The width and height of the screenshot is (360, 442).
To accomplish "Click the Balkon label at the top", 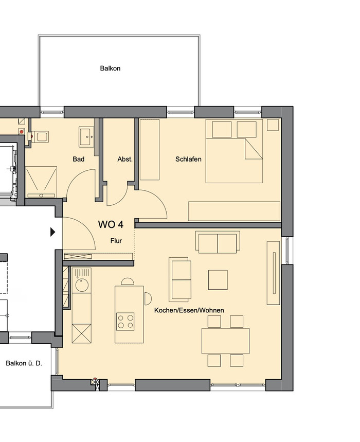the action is click(x=110, y=68).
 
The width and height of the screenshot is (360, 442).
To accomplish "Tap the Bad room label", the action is click(x=79, y=159).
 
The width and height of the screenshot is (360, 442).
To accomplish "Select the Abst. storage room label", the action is click(x=125, y=159).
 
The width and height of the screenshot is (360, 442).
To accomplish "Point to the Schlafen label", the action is click(x=188, y=159).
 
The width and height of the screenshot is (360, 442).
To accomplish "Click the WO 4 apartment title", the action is click(x=111, y=224).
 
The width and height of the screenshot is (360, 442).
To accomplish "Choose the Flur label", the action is click(x=116, y=241).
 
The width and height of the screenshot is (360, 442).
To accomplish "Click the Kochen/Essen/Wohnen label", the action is click(x=189, y=310).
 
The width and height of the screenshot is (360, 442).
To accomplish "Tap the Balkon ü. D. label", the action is click(x=24, y=363).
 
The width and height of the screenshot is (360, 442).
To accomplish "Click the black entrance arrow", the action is click(x=52, y=232).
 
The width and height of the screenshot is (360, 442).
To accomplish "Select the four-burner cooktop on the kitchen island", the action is click(x=125, y=322).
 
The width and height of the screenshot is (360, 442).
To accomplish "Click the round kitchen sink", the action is click(x=82, y=285).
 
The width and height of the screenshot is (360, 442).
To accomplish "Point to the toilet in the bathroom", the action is click(x=40, y=137).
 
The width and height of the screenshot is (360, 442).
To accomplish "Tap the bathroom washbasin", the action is click(x=87, y=137).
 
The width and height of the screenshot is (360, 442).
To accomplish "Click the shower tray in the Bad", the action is click(x=41, y=182).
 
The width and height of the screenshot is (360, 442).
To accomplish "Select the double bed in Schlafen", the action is click(x=234, y=151).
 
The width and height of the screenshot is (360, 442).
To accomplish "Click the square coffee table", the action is click(x=218, y=279).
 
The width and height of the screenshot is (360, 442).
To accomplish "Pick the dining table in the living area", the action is click(x=225, y=341).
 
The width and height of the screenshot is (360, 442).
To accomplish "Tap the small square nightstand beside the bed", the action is click(x=273, y=125).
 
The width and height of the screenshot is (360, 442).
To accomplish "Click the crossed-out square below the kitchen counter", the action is click(x=82, y=333).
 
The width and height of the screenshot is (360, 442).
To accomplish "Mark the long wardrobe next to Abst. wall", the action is click(x=150, y=150).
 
